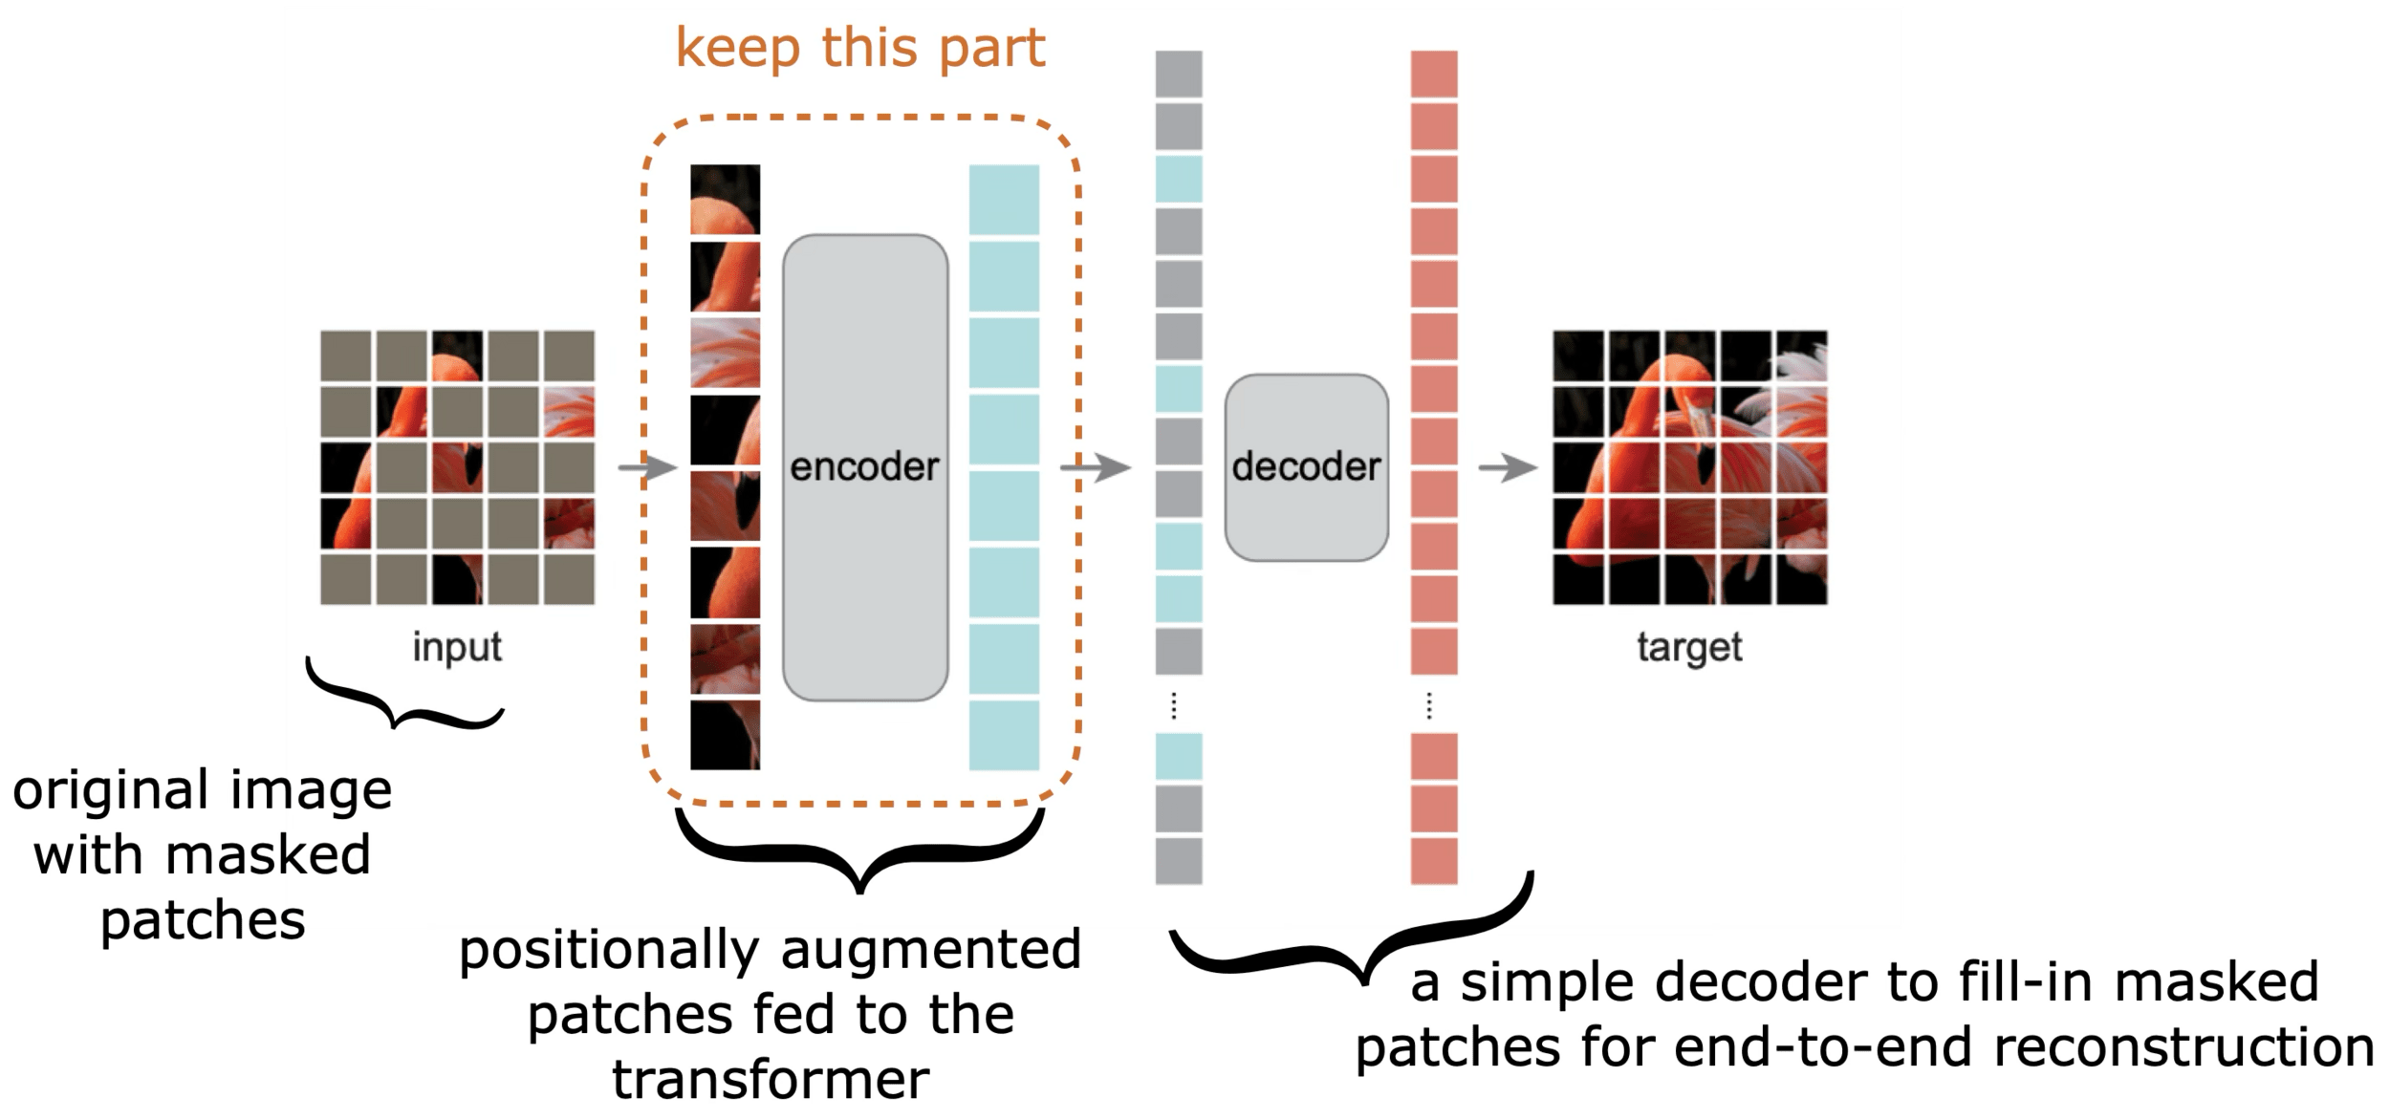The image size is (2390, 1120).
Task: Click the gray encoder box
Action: coord(865,467)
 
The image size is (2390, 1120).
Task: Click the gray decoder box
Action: coord(1306,467)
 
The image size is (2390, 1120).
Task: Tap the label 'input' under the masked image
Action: coord(457,647)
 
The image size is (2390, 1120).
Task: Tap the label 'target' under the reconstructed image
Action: coord(1689,647)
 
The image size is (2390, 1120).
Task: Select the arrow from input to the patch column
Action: coord(647,468)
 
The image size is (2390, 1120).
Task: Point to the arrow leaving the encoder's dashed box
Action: coord(1096,468)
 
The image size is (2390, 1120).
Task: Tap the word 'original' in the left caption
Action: coord(110,790)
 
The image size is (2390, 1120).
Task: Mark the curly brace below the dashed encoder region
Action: coord(860,851)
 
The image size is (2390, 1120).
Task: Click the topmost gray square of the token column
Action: coord(1179,74)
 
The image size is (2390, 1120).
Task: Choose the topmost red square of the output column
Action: coord(1434,74)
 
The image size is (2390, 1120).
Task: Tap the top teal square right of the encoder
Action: coord(1004,199)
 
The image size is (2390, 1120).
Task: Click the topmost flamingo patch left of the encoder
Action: coord(725,199)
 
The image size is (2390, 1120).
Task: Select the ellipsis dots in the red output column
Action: coord(1429,706)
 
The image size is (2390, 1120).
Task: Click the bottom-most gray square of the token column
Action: coord(1179,861)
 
